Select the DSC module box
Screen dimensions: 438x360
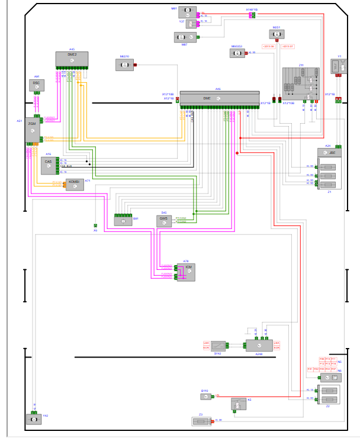pos(37,86)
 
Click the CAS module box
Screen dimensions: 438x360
pos(49,165)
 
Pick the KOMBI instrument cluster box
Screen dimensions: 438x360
pos(74,184)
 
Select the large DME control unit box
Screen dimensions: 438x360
pos(219,98)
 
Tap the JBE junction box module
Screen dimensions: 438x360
pos(330,153)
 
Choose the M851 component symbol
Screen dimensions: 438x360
pos(277,35)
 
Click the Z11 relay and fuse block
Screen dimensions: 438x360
pos(300,82)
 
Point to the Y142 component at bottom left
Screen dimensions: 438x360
pos(34,418)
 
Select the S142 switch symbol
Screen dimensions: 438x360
pos(218,345)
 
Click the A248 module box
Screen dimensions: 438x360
pos(259,346)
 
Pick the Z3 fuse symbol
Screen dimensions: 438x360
pos(200,421)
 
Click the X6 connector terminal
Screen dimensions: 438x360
pos(95,226)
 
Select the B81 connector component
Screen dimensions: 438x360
pos(124,221)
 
